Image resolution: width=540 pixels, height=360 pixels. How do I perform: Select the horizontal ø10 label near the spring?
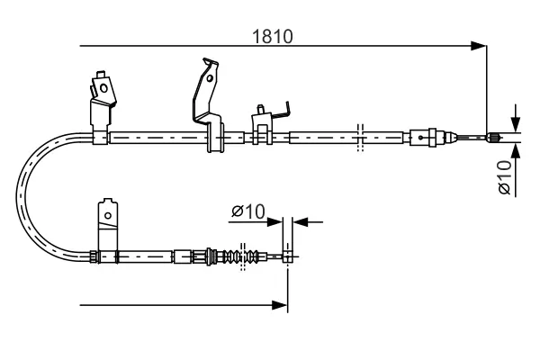click(247, 211)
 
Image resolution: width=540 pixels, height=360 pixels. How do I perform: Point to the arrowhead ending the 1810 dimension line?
click(480, 46)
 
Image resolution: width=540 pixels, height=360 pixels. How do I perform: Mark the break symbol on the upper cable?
click(359, 137)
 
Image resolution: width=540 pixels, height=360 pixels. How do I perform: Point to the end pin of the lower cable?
click(288, 256)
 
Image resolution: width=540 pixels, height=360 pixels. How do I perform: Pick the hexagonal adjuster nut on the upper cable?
click(423, 138)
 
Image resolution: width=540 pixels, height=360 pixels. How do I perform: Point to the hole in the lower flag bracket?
click(107, 214)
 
